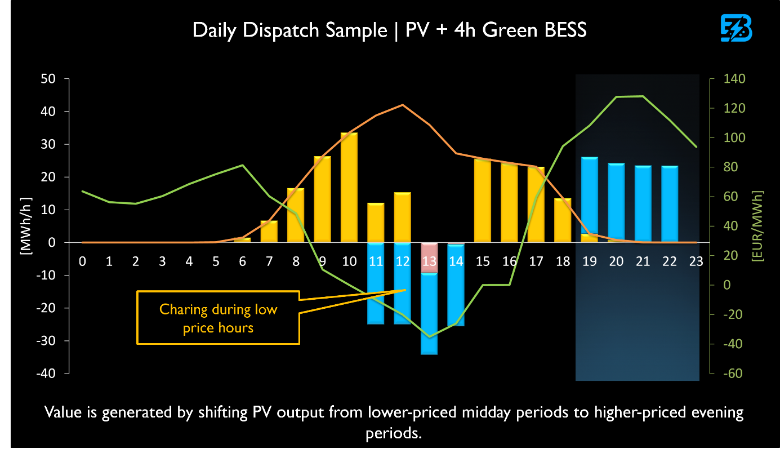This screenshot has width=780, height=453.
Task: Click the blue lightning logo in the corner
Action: [736, 28]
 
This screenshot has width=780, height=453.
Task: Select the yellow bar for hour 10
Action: [349, 188]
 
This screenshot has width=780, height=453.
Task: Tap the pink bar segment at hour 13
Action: [429, 257]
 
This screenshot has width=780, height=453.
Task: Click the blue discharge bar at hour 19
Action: [590, 195]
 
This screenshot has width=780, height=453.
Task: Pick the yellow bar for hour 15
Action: [483, 201]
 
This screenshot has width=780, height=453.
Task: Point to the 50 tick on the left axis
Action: [48, 79]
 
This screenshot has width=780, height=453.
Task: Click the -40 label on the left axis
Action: [46, 374]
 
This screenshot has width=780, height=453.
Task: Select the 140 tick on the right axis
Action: [734, 79]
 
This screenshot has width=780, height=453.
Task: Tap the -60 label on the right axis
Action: [733, 374]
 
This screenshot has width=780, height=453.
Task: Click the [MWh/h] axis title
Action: [26, 226]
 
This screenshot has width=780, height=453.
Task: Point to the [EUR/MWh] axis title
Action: [757, 226]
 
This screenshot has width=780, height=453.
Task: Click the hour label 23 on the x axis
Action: [696, 261]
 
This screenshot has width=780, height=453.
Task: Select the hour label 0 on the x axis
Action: [82, 261]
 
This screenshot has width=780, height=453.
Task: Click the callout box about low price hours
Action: [219, 318]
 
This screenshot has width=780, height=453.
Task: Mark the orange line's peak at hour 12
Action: [403, 105]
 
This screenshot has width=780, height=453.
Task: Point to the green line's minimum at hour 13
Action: [429, 336]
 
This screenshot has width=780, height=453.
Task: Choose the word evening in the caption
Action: [717, 412]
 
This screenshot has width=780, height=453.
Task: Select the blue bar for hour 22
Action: [670, 204]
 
